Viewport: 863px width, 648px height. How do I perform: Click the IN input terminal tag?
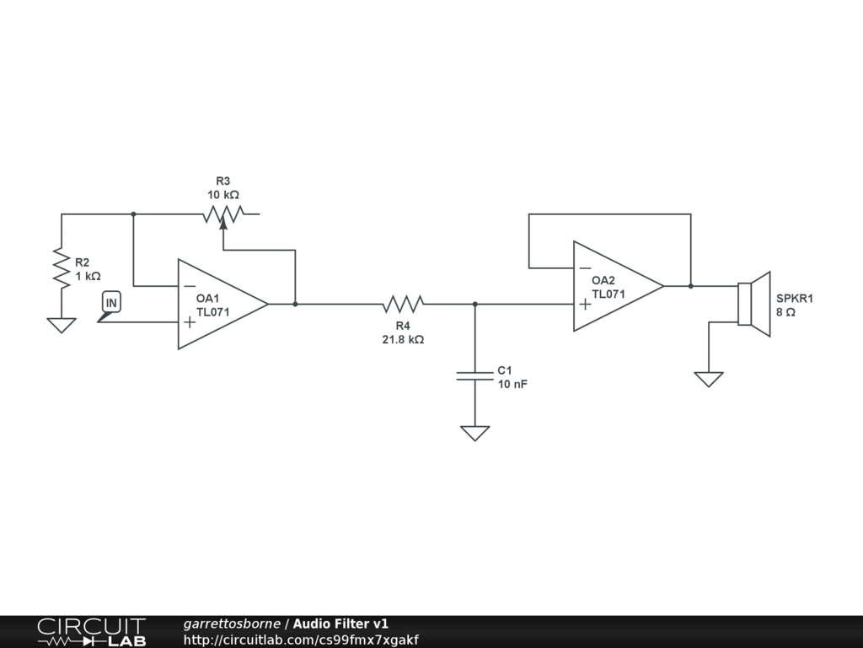(x=111, y=302)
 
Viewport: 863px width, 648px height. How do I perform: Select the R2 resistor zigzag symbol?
(x=61, y=268)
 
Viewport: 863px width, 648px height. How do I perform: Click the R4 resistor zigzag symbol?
(x=403, y=303)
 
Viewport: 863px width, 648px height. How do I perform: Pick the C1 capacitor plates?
(x=474, y=375)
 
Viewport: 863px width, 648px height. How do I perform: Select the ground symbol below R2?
(x=61, y=325)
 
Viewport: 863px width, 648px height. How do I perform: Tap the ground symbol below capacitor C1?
(x=474, y=433)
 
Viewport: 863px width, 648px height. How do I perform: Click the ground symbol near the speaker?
(x=709, y=379)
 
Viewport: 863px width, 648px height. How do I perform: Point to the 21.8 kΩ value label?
(x=403, y=340)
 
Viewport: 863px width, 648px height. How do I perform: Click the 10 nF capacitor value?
(x=512, y=384)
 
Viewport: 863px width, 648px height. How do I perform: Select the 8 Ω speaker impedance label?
(x=785, y=312)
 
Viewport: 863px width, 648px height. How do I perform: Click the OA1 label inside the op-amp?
(x=207, y=299)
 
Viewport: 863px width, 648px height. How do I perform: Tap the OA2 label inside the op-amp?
(x=603, y=281)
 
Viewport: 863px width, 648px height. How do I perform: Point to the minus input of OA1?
(x=190, y=286)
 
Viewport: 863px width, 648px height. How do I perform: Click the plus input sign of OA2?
(x=585, y=304)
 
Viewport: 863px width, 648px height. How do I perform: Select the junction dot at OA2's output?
(x=690, y=286)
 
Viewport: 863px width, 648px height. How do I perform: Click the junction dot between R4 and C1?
(x=474, y=304)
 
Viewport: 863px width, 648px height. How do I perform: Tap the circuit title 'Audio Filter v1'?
(x=340, y=624)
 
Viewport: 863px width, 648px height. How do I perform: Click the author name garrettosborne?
(x=232, y=624)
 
